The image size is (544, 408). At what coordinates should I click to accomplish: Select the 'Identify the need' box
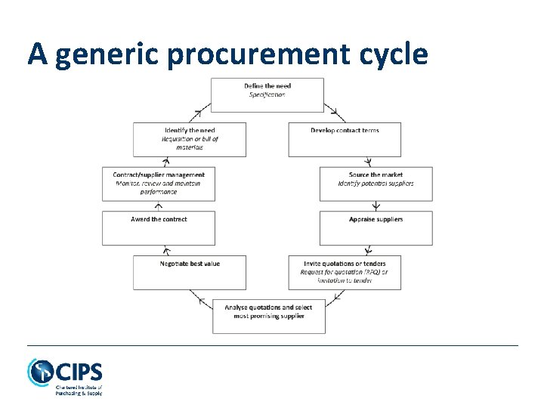tap(190, 139)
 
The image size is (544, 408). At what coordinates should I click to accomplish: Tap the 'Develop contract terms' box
tap(345, 139)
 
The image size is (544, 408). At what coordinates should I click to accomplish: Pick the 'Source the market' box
tap(376, 184)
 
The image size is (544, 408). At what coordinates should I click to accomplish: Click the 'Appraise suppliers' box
tap(376, 228)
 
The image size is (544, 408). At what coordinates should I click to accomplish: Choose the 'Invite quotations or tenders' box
tap(345, 272)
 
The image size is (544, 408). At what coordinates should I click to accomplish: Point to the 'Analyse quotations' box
tap(268, 317)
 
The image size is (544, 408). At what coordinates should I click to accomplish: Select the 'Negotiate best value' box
tap(190, 272)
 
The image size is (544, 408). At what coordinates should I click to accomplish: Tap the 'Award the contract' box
tap(159, 228)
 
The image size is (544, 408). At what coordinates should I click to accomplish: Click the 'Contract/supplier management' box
tap(159, 184)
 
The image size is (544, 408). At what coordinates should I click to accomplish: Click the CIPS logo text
tap(79, 372)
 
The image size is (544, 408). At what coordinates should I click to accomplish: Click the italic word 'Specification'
tap(267, 94)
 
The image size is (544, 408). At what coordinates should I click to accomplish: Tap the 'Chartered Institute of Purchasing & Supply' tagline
tap(79, 390)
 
